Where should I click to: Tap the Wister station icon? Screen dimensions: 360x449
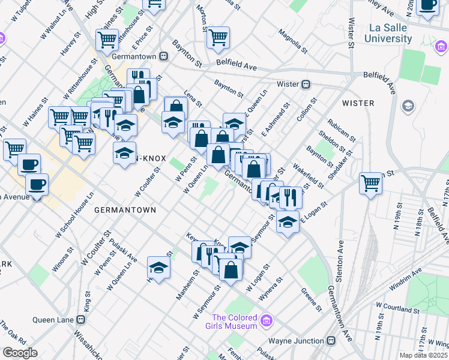click(306, 85)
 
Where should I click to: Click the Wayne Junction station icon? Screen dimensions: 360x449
click(330, 341)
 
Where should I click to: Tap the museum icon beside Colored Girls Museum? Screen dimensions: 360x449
click(268, 322)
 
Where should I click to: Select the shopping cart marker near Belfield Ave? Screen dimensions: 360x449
click(218, 38)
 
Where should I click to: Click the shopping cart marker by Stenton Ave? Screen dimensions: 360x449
click(370, 183)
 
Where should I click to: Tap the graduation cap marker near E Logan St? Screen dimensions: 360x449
click(288, 223)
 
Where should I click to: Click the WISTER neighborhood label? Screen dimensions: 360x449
click(358, 103)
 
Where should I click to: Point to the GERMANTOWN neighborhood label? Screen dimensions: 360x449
click(125, 210)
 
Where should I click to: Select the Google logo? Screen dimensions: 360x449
click(20, 353)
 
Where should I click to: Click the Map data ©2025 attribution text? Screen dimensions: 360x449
click(424, 355)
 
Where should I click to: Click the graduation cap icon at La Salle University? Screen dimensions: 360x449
click(408, 106)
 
